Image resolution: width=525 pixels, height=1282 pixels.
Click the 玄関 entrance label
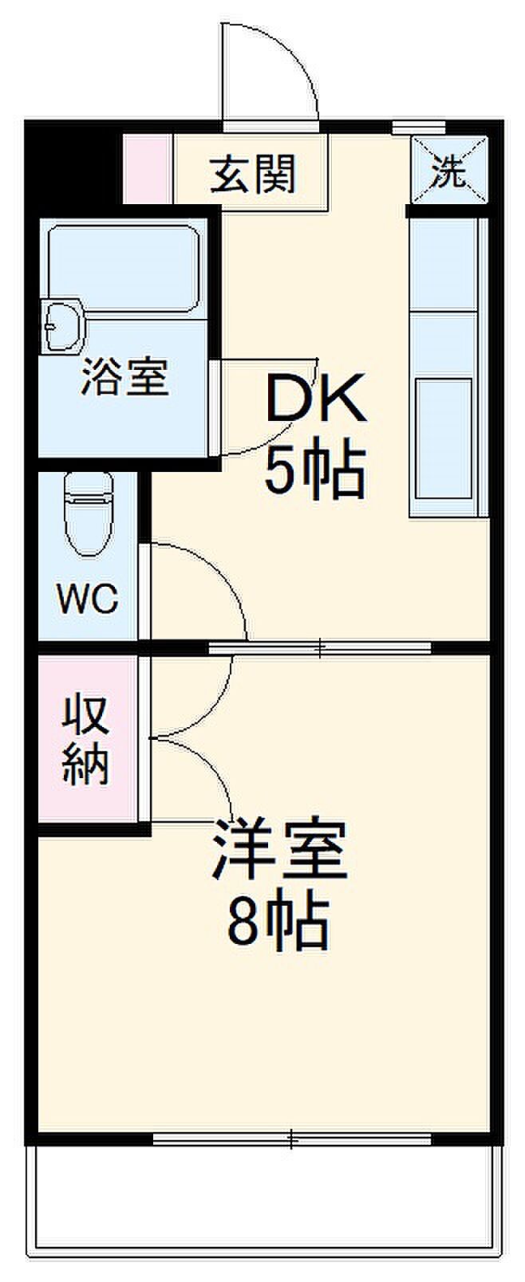click(253, 174)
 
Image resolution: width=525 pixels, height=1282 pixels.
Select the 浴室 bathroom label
click(124, 378)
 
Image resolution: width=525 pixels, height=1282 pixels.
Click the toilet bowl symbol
click(89, 514)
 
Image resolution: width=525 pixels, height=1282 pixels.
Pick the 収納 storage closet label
click(86, 739)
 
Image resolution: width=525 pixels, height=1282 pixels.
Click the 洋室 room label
click(279, 851)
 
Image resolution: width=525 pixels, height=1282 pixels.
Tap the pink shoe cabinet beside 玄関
click(147, 170)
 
